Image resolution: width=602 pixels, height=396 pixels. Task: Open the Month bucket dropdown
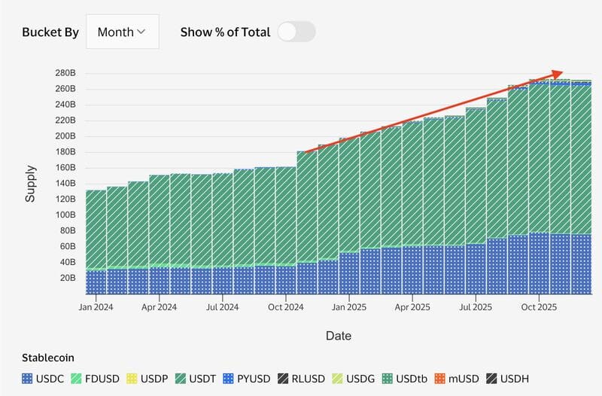122,32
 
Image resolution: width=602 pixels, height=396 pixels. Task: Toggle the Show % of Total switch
296,32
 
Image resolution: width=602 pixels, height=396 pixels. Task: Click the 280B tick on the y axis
65,73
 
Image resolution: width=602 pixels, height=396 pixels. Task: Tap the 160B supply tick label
65,167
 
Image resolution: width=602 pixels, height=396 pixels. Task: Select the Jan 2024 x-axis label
96,307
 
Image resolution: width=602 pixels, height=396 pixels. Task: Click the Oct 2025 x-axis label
539,307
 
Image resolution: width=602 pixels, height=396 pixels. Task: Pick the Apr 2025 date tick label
412,307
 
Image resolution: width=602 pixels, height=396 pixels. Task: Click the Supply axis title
31,184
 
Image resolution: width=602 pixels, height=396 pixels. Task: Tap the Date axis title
338,336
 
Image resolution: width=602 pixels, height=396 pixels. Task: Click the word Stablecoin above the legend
47,358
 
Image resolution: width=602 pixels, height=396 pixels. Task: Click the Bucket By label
50,32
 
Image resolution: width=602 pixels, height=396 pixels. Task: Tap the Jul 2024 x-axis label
222,307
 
